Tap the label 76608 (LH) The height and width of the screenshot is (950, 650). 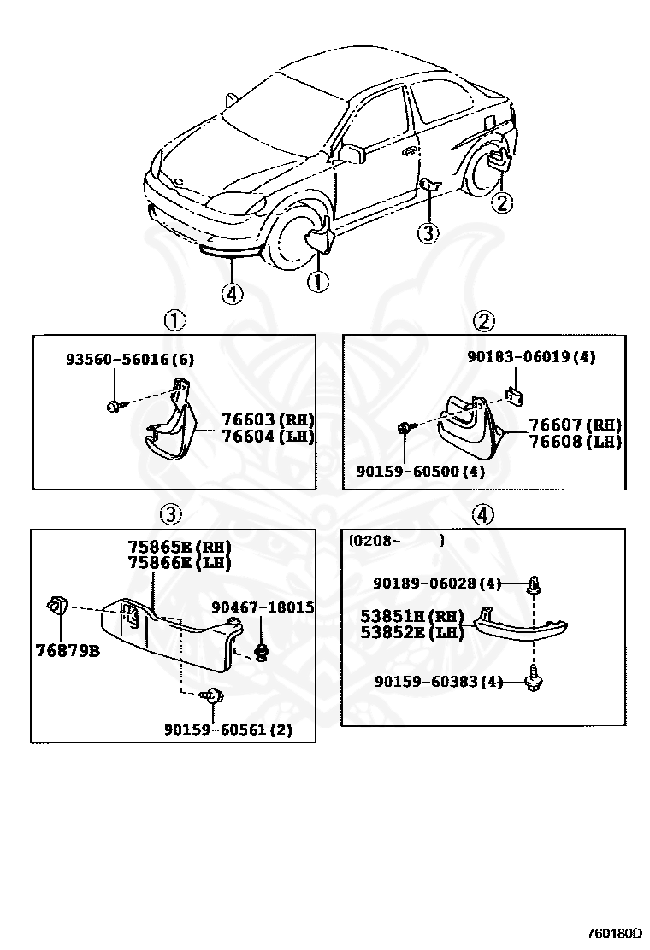pos(574,442)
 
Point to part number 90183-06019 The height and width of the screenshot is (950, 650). pos(530,357)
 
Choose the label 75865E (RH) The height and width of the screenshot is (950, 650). pos(180,547)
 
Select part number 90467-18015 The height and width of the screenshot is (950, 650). pos(263,607)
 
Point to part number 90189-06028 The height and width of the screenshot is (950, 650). pos(437,583)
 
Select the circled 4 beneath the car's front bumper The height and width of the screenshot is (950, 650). pos(231,294)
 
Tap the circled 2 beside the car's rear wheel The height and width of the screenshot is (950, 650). pos(502,202)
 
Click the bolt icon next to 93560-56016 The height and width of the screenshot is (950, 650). pos(115,405)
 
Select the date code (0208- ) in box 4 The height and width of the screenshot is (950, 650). pos(395,541)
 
